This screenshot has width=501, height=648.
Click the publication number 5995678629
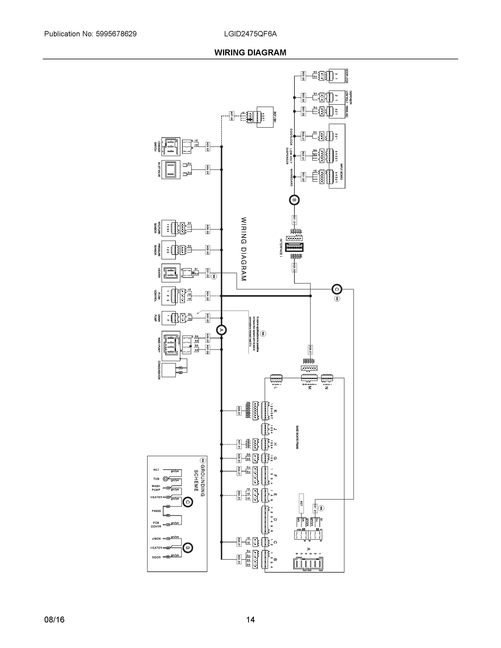pos(116,34)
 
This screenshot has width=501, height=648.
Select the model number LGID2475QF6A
pos(251,34)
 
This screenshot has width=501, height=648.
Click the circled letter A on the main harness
pos(221,330)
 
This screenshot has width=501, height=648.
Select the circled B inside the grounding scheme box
pos(188,548)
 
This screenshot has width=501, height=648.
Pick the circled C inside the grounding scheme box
pos(188,502)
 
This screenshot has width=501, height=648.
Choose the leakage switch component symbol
pos(171,147)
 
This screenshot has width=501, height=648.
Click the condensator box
pos(169,370)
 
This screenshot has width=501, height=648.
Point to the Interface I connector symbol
pos(294,247)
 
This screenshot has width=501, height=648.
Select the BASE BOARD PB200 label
pos(297,437)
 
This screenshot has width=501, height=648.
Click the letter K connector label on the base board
pos(275,411)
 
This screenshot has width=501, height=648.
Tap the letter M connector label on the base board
pos(310,387)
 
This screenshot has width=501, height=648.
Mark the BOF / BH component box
pos(265,117)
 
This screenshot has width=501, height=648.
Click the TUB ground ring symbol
pos(166,479)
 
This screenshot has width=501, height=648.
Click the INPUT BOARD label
pos(342,171)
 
